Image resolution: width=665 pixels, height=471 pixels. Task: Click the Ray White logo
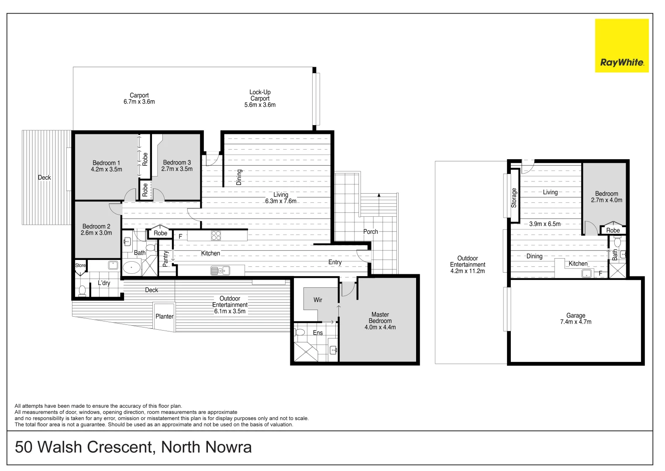(x=621, y=46)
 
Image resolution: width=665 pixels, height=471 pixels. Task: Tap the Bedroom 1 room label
(x=106, y=163)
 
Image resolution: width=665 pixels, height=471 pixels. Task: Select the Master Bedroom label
(x=380, y=317)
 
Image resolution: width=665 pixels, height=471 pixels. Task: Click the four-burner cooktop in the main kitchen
(x=216, y=235)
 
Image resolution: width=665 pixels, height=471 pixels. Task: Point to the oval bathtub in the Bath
(x=131, y=267)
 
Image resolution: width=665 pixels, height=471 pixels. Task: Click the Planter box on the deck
(x=164, y=316)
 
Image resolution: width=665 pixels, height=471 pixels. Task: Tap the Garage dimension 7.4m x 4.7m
(x=575, y=322)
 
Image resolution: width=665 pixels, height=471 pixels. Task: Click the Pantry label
(x=165, y=259)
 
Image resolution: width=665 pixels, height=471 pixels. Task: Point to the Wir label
(x=318, y=300)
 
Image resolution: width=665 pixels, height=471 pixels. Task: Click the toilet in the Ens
(x=300, y=332)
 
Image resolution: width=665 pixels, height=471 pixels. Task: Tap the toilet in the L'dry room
(x=82, y=290)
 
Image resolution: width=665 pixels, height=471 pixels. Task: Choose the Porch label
(x=370, y=232)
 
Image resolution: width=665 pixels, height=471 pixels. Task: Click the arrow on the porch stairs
(x=379, y=195)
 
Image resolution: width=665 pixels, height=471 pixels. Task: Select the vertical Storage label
(x=514, y=198)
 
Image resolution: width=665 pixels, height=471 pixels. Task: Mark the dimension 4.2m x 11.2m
(x=467, y=271)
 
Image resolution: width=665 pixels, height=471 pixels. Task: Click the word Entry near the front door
(x=335, y=262)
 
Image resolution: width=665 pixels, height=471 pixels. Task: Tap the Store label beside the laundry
(x=80, y=265)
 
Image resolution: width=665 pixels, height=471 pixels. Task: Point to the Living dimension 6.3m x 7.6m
(x=280, y=201)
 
